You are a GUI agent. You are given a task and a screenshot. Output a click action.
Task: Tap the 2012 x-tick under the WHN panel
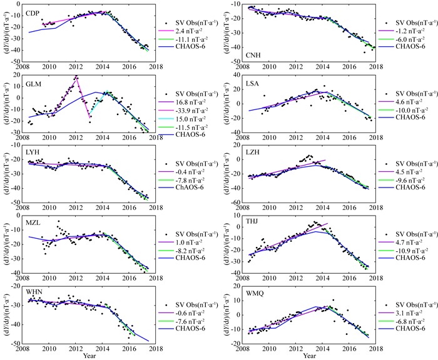75,349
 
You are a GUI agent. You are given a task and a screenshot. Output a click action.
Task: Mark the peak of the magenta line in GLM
76,77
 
